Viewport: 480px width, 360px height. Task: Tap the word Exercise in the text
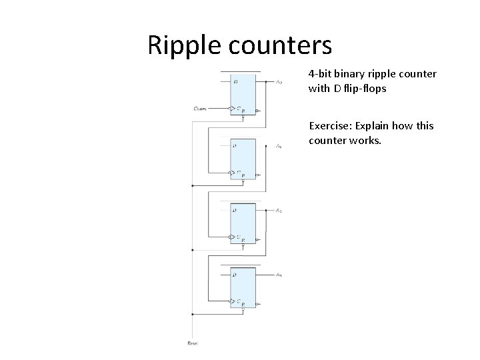(x=329, y=125)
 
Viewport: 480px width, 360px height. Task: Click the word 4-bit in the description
(x=321, y=73)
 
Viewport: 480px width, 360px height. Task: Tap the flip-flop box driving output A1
(x=243, y=159)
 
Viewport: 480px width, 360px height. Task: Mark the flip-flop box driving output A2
(x=243, y=223)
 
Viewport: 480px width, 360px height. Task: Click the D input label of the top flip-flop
(x=235, y=82)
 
